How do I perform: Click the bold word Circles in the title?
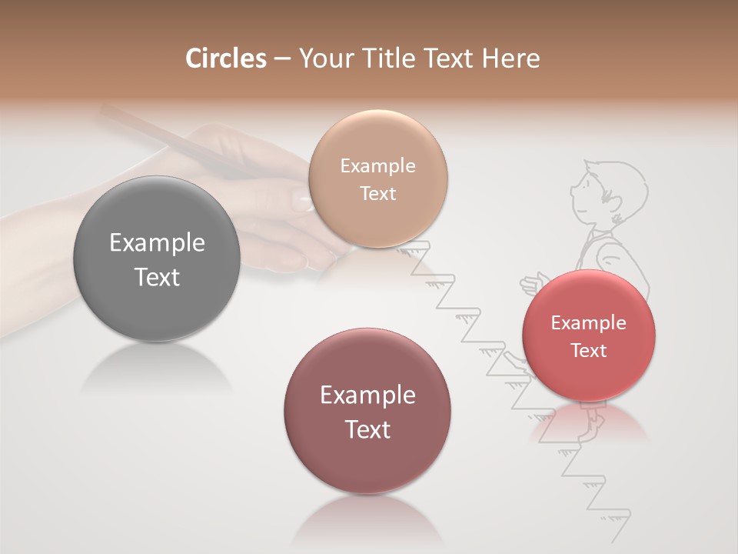pyautogui.click(x=225, y=58)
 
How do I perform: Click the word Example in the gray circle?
pyautogui.click(x=157, y=243)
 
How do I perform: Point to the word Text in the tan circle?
pyautogui.click(x=377, y=193)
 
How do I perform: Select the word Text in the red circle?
pyautogui.click(x=589, y=351)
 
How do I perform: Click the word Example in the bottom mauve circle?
pyautogui.click(x=367, y=395)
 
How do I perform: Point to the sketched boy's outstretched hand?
pyautogui.click(x=530, y=285)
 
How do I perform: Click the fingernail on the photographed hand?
pyautogui.click(x=302, y=202)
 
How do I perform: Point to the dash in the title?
pyautogui.click(x=282, y=59)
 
